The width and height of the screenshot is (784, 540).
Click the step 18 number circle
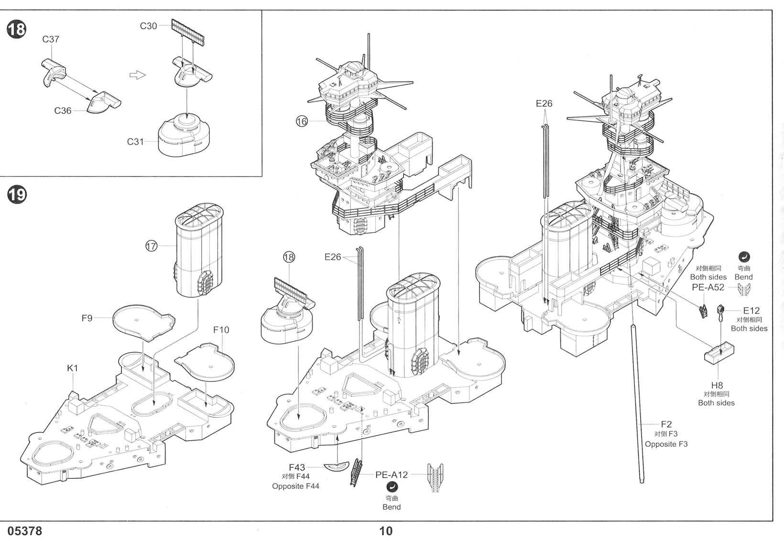(16, 29)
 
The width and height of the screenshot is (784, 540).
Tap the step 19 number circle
(16, 194)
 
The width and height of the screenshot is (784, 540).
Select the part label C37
(51, 39)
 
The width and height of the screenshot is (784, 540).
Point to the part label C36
(63, 111)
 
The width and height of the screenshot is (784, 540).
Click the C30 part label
(148, 26)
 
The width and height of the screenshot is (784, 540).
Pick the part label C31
(135, 141)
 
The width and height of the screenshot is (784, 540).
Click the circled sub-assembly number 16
(302, 121)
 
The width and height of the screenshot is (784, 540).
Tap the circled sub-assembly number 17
(151, 246)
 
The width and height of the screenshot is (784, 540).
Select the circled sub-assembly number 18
(289, 258)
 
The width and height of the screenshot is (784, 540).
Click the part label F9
(87, 318)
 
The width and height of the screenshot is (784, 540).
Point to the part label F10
(221, 330)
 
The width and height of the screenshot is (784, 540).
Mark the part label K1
(72, 368)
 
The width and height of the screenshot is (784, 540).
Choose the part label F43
(297, 467)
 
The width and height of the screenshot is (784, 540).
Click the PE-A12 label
(392, 475)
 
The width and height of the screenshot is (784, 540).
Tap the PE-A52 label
(708, 287)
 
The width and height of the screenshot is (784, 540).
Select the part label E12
(751, 311)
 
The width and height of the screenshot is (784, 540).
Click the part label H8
(717, 385)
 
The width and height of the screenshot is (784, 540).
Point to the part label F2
(666, 424)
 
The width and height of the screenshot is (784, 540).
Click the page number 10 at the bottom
(386, 531)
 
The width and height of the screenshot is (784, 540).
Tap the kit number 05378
(25, 531)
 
